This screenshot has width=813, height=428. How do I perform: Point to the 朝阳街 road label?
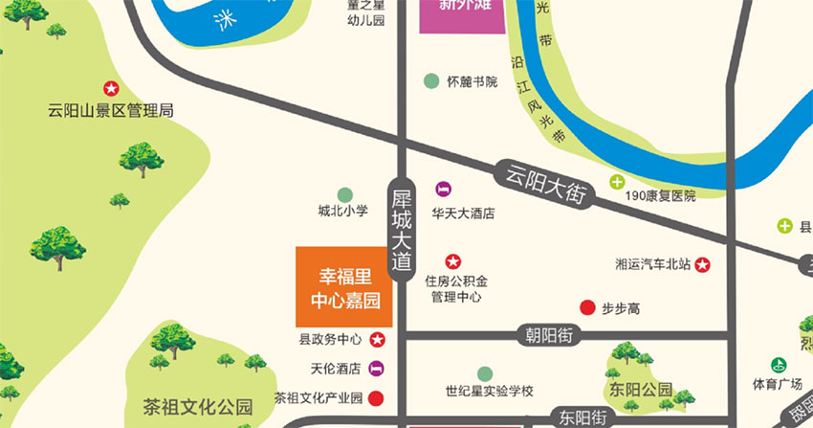[x=549, y=336]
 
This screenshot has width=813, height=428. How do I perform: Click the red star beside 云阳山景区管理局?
[x=111, y=89]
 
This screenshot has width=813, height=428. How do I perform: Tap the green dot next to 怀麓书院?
[x=431, y=81]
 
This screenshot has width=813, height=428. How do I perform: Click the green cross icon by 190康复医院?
[x=617, y=182]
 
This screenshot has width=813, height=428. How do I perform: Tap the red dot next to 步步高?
[x=586, y=307]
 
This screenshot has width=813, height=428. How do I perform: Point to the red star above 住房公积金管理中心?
[x=453, y=260]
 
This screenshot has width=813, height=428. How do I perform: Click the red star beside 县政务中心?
[x=377, y=339]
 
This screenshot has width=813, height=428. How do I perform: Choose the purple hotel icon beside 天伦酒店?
[x=377, y=368]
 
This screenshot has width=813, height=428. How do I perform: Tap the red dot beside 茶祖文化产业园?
[x=377, y=397]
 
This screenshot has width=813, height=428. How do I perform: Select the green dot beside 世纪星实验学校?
[x=485, y=372]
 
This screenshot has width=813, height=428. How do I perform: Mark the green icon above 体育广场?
[x=779, y=365]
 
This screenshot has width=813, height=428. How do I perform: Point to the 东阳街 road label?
[x=583, y=417]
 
